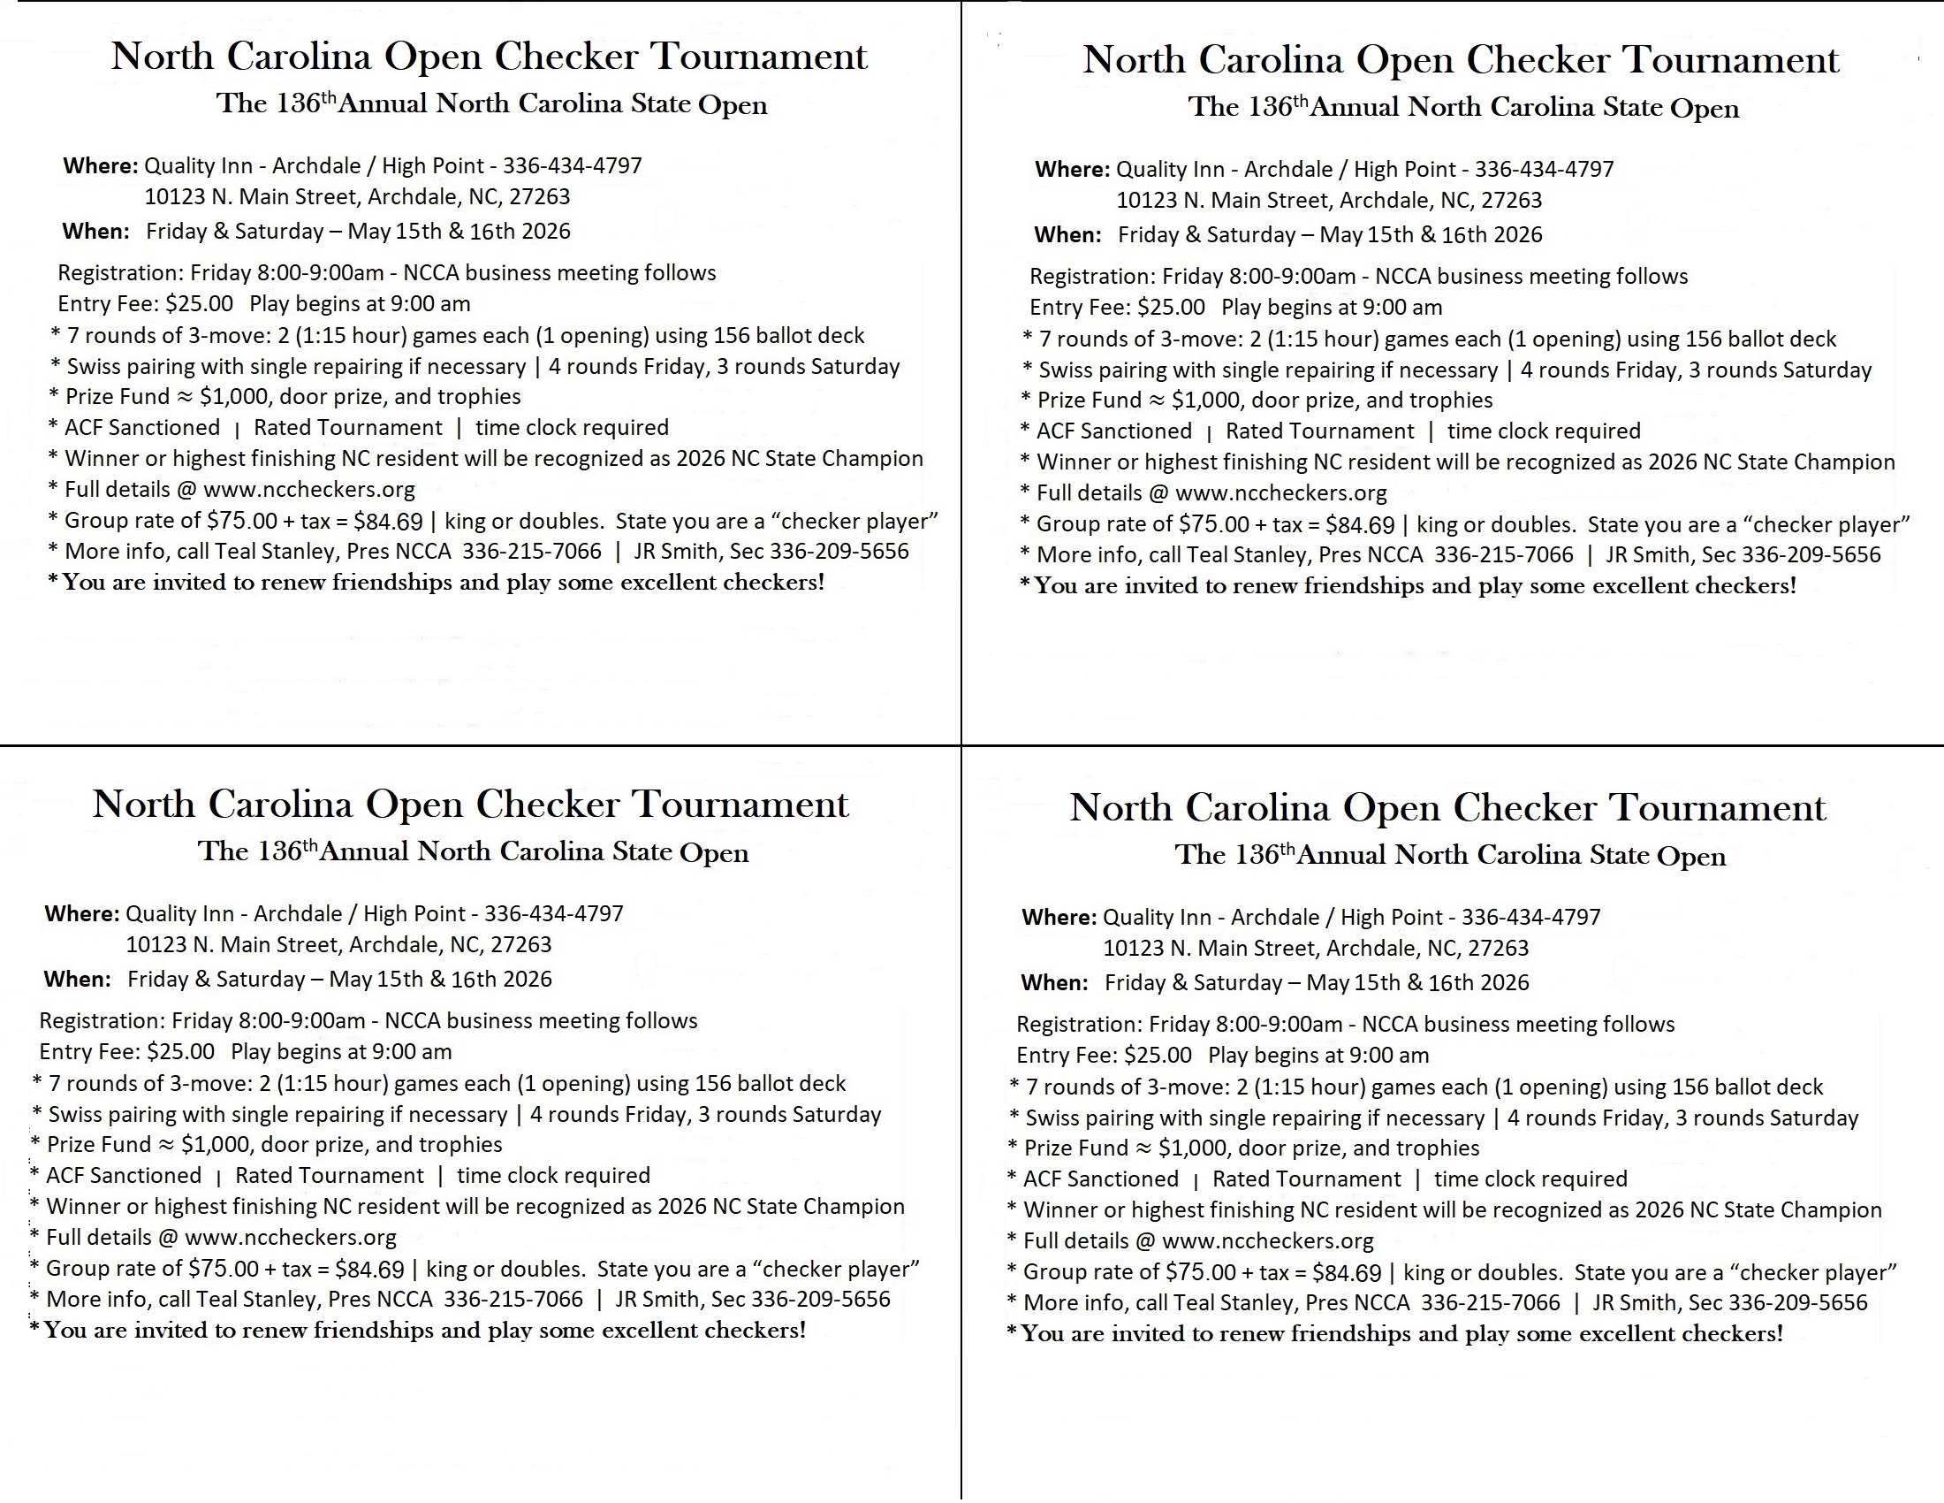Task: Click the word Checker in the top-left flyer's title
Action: tap(566, 57)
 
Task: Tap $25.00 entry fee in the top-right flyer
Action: tap(1172, 307)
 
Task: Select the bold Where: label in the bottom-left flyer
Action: tap(82, 913)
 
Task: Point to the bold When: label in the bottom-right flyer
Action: tap(1054, 982)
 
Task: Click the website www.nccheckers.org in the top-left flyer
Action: tap(309, 490)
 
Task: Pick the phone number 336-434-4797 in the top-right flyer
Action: tap(1545, 169)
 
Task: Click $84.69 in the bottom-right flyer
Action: tap(1347, 1272)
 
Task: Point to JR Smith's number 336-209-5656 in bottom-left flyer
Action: tap(821, 1299)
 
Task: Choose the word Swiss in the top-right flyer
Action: tap(1066, 370)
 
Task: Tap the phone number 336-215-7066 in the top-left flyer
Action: tap(531, 551)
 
